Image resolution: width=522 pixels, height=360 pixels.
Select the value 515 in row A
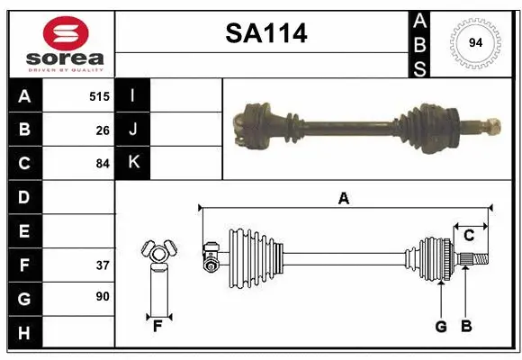(x=99, y=95)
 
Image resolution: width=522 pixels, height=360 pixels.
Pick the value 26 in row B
(x=103, y=130)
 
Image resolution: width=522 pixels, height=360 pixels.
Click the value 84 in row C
(x=103, y=164)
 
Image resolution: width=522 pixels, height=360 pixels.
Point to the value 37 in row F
(x=103, y=265)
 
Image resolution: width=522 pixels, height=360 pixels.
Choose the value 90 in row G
(x=103, y=298)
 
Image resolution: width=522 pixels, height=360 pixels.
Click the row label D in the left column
(x=24, y=197)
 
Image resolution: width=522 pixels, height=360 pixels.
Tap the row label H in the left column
(x=24, y=333)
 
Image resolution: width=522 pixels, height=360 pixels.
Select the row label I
(x=132, y=95)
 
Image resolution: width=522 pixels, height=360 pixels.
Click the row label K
(x=133, y=163)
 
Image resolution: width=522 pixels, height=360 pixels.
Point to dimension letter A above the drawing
(x=343, y=198)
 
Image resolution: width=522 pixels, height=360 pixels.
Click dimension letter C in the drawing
(x=469, y=236)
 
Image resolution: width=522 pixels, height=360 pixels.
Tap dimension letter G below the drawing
(x=441, y=327)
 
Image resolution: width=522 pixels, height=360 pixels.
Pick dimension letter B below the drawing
(x=465, y=327)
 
